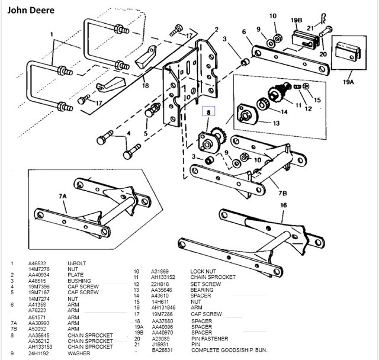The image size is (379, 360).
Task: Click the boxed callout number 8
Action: coord(209,110)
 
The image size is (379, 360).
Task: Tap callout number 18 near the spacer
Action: coord(145,85)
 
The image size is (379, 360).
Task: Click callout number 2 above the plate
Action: coord(216,29)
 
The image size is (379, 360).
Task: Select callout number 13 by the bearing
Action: coord(276,123)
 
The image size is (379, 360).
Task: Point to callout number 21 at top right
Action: coord(310,27)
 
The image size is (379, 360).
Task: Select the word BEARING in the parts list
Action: coord(201,290)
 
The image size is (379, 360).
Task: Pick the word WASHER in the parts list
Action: coord(79,353)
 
